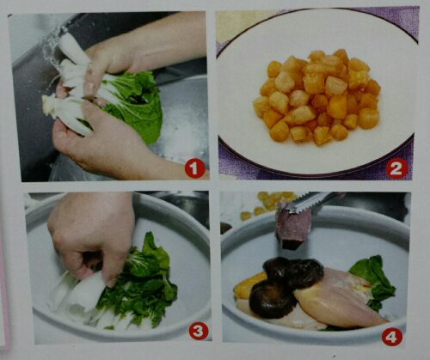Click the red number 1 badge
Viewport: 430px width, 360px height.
tap(194, 168)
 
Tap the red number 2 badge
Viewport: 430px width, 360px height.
tap(396, 169)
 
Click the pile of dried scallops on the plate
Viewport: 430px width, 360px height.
tap(317, 96)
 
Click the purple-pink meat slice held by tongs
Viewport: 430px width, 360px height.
tap(292, 226)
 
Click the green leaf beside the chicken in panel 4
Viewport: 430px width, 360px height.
tap(374, 282)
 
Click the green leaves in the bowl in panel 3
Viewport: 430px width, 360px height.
tap(138, 284)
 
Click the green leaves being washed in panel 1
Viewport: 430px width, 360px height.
tap(135, 105)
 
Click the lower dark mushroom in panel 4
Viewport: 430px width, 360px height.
tap(271, 299)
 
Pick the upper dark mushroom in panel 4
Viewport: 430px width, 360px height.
tap(294, 272)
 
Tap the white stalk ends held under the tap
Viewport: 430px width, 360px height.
tap(69, 86)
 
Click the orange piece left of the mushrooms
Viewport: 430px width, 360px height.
tap(249, 284)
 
